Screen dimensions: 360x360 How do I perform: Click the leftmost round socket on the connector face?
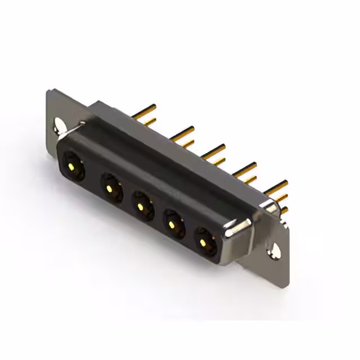pyautogui.click(x=73, y=165)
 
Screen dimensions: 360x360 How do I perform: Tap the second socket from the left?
pyautogui.click(x=111, y=185)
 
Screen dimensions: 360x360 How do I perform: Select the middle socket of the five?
pyautogui.click(x=142, y=204)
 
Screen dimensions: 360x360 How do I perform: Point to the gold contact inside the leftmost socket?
pyautogui.click(x=71, y=166)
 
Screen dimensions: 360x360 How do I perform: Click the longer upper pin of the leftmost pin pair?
pyautogui.click(x=146, y=109)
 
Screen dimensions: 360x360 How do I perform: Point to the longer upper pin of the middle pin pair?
pyautogui.click(x=214, y=150)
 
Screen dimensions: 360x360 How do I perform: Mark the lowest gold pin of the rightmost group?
pyautogui.click(x=283, y=210)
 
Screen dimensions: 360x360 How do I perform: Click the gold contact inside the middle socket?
pyautogui.click(x=140, y=206)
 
